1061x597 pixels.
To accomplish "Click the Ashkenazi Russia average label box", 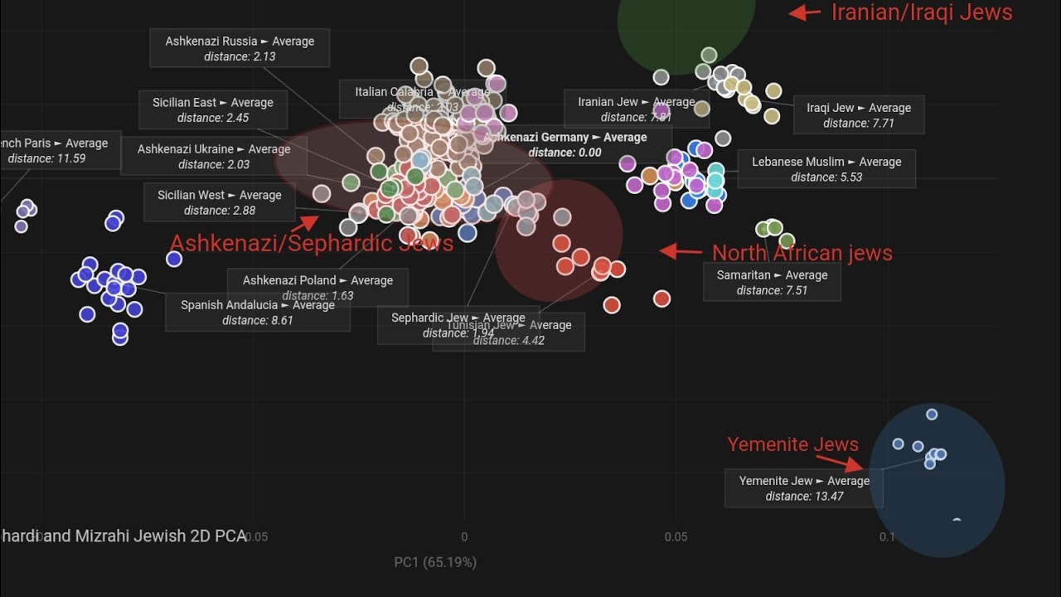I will [x=240, y=48].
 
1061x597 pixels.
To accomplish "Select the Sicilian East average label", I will [x=213, y=109].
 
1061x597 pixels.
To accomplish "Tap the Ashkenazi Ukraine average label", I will [x=214, y=156].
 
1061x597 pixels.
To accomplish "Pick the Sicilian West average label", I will [x=220, y=202].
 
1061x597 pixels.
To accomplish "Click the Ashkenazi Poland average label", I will [x=317, y=287].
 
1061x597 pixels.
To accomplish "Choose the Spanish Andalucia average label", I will [x=258, y=312].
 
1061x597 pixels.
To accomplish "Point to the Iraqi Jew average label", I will [x=859, y=114].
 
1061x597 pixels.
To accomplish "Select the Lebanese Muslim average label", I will [x=826, y=168].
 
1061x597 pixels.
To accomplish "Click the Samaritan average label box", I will [x=772, y=282].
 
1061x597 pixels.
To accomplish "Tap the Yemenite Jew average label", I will [x=804, y=488].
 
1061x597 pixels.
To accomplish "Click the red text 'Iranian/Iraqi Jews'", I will [x=921, y=12].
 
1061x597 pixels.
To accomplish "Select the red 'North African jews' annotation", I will [x=802, y=253].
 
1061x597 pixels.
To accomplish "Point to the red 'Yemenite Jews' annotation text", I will [x=792, y=444].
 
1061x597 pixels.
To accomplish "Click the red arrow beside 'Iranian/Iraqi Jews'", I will [x=804, y=12].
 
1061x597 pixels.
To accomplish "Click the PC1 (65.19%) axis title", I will [x=435, y=562].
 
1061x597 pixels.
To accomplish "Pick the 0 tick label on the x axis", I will [x=464, y=536].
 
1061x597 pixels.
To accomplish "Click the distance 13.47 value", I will [x=804, y=496].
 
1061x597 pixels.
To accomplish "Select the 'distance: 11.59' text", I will [x=47, y=158].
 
